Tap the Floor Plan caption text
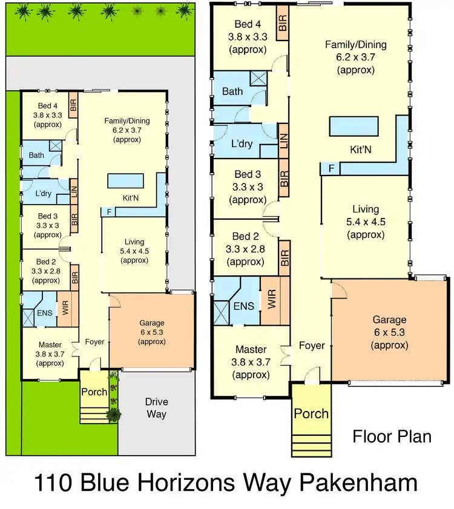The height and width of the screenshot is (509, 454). tap(392, 436)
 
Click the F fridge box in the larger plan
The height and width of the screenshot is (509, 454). tap(330, 169)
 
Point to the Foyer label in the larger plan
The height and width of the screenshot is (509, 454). tap(312, 346)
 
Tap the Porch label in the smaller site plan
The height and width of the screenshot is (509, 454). tap(94, 392)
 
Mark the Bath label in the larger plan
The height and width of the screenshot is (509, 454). tap(232, 92)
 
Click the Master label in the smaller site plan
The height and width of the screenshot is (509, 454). tap(50, 345)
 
